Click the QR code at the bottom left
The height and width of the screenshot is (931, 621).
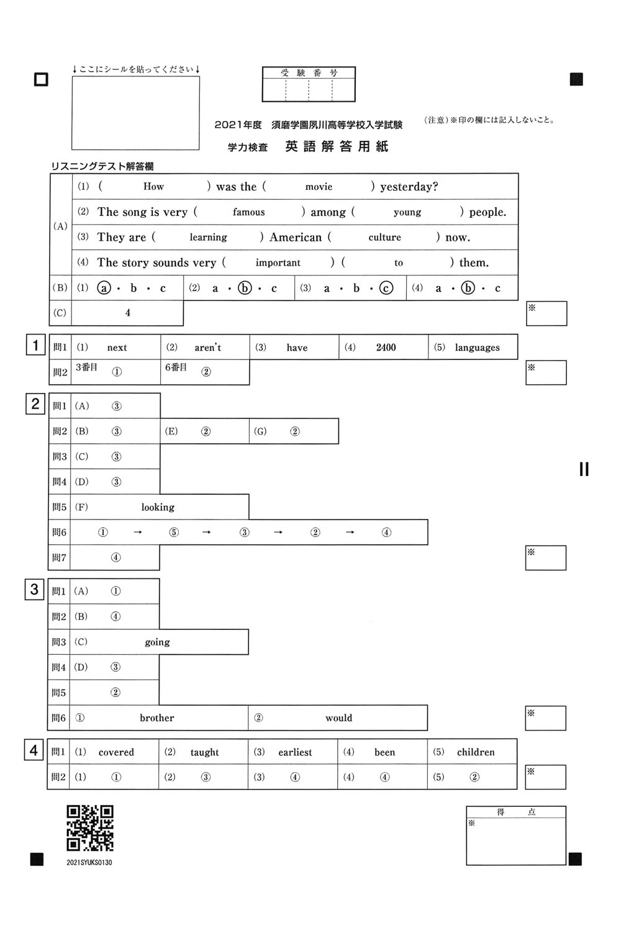(x=90, y=828)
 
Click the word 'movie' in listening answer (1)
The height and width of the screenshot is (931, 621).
(x=319, y=187)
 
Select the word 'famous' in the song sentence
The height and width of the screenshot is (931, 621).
(x=248, y=212)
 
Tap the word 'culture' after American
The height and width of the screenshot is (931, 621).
(x=384, y=237)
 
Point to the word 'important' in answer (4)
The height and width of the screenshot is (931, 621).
(x=278, y=263)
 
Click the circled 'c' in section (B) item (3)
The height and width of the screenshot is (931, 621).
(x=386, y=288)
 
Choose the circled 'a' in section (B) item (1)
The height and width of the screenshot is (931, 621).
(x=104, y=288)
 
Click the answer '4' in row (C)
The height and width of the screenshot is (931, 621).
(x=128, y=313)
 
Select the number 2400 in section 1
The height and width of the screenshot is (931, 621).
(x=386, y=348)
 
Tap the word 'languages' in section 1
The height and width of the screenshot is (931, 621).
(x=477, y=348)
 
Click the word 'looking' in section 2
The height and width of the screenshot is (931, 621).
(x=158, y=507)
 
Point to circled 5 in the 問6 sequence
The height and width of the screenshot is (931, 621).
(x=174, y=533)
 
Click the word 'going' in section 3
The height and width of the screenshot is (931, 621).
(x=157, y=642)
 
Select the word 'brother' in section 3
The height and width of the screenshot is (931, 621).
(x=156, y=718)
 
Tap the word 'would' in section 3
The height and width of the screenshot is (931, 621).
(x=338, y=718)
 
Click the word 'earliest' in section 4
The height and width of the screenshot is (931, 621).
(x=295, y=752)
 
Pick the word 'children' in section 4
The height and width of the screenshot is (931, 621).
(x=476, y=752)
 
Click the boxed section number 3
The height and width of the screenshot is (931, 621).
(x=34, y=590)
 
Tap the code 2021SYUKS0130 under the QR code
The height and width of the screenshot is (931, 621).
(x=89, y=862)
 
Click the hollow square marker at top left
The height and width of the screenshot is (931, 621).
(x=41, y=79)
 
